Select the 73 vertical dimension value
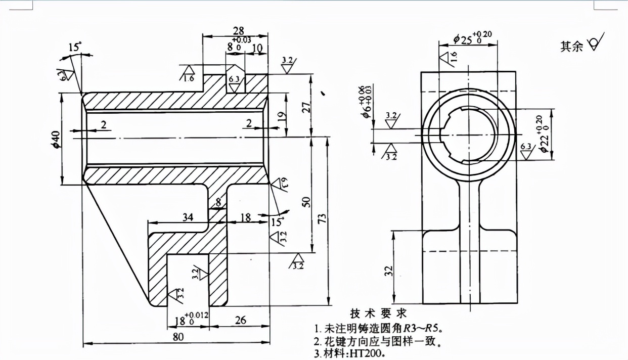(x=322, y=218)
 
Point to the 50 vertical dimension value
(x=305, y=201)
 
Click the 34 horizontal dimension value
(x=188, y=217)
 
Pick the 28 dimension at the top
(x=238, y=31)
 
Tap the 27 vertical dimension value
(x=305, y=107)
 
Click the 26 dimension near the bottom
(x=241, y=320)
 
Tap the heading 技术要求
(x=378, y=313)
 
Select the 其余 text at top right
(x=571, y=47)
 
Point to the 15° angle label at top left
(x=75, y=47)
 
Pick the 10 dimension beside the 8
(x=256, y=48)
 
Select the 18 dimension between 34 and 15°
(x=245, y=217)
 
